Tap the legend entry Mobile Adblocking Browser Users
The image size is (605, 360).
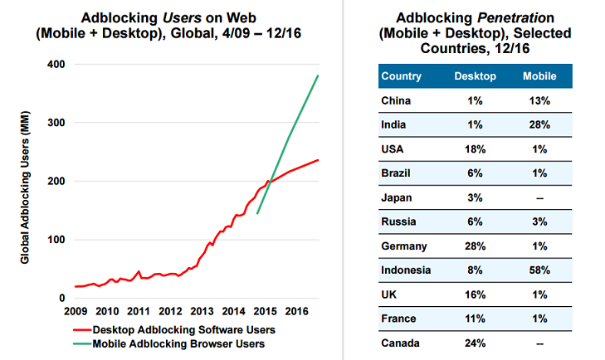[180, 343]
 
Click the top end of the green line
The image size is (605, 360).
[319, 75]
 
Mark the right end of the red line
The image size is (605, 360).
[319, 160]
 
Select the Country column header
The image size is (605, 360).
[402, 77]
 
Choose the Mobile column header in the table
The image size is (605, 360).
[539, 77]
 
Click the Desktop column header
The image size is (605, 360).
[476, 77]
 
